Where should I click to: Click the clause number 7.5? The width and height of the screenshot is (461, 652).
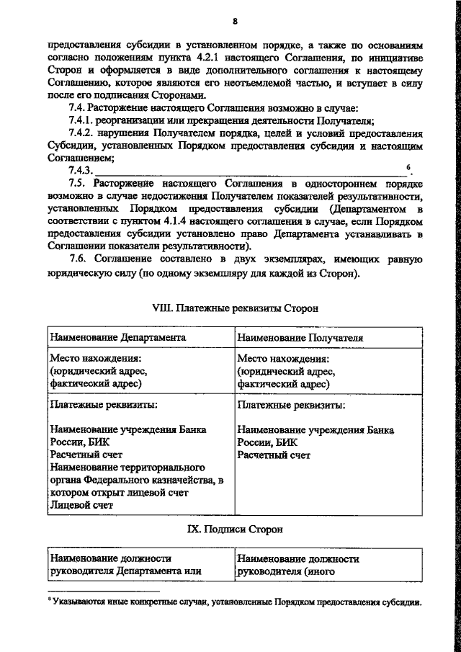pos(79,184)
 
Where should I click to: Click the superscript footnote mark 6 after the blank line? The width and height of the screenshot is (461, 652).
pos(409,168)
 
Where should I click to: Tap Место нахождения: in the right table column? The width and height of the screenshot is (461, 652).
pos(283,358)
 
